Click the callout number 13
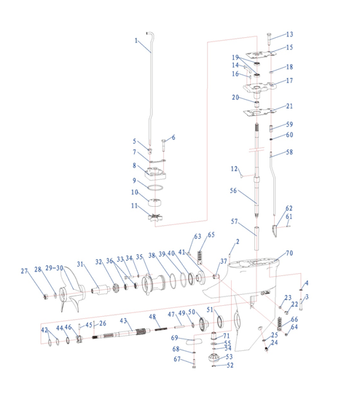[289, 34]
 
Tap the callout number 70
[289, 253]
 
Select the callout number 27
[24, 271]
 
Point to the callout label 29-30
[54, 268]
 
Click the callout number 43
[123, 320]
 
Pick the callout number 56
[233, 191]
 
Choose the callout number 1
[136, 41]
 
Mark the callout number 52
[230, 365]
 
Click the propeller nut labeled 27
[46, 296]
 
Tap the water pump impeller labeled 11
[155, 217]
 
